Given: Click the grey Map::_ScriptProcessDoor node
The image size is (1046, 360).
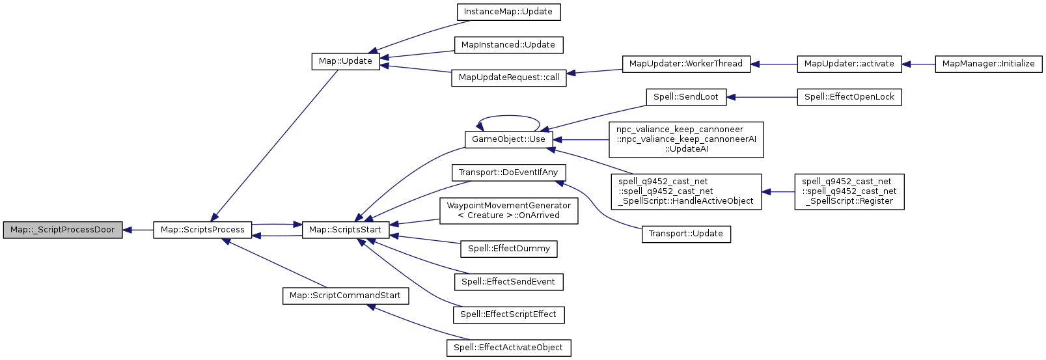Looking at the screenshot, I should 62,230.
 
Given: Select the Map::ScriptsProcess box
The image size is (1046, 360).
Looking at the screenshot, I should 202,230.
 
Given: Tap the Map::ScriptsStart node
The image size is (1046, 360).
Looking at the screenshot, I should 345,230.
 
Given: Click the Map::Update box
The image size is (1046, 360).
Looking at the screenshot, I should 345,61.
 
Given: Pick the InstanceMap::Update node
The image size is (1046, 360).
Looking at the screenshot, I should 508,12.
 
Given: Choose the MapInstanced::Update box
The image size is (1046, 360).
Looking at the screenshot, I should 508,45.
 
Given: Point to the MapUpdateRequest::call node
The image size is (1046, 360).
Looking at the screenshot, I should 508,77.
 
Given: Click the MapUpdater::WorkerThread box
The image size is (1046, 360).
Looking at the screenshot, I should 686,64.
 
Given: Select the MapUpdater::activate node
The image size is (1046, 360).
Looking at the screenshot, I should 849,64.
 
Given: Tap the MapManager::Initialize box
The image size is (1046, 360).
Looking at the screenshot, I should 988,64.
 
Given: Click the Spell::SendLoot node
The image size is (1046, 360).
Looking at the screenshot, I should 686,97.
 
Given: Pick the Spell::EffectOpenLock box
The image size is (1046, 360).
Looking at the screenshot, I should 849,97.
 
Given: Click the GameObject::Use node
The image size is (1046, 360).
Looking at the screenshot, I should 508,139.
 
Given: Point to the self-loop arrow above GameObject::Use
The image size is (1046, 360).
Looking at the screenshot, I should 509,118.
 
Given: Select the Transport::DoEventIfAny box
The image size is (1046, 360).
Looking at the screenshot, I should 508,173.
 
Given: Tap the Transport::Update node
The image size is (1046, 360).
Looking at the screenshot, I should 686,234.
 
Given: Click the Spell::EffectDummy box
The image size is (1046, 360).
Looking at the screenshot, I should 508,249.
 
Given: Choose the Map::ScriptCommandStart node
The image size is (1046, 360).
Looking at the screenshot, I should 345,296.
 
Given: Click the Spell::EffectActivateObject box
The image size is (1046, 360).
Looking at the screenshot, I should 508,348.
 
